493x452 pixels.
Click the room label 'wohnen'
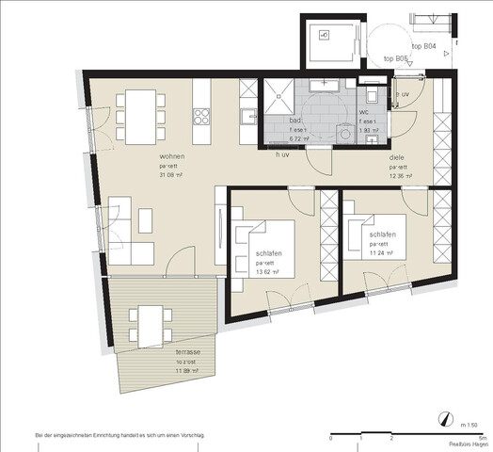[x=171, y=156]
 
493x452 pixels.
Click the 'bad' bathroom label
[x=294, y=120]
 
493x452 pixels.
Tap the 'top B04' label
[x=423, y=46]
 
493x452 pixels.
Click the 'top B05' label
[x=397, y=59]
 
